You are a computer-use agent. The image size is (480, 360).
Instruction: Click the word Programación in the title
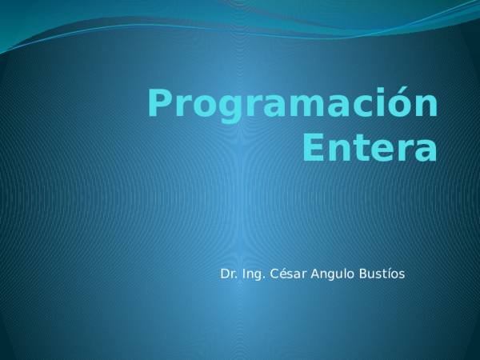[293, 106]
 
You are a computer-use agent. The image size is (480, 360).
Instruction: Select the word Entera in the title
[371, 149]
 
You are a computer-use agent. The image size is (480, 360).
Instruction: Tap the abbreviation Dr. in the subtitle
[228, 274]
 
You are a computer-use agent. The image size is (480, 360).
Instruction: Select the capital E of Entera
[315, 149]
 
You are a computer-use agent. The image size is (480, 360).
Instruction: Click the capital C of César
[273, 274]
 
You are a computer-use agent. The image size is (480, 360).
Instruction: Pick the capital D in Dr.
[225, 274]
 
